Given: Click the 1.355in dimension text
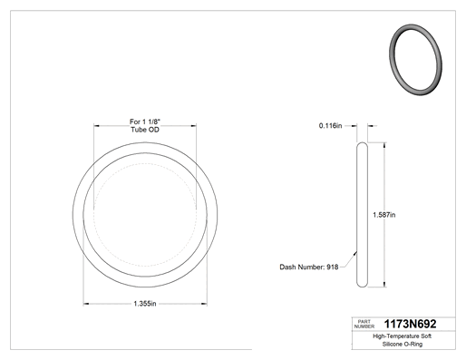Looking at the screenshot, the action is click(145, 304).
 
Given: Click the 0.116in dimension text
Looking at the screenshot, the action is click(330, 125).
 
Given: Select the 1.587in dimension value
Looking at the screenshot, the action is click(383, 215).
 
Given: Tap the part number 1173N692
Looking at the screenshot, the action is click(410, 324).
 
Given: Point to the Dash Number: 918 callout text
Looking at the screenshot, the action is click(309, 267).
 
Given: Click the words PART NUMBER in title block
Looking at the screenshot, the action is click(364, 324).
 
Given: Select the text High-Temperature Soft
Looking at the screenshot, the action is click(403, 336).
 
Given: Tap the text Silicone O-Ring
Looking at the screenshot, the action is click(403, 344).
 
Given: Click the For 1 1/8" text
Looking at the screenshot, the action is click(145, 122).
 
